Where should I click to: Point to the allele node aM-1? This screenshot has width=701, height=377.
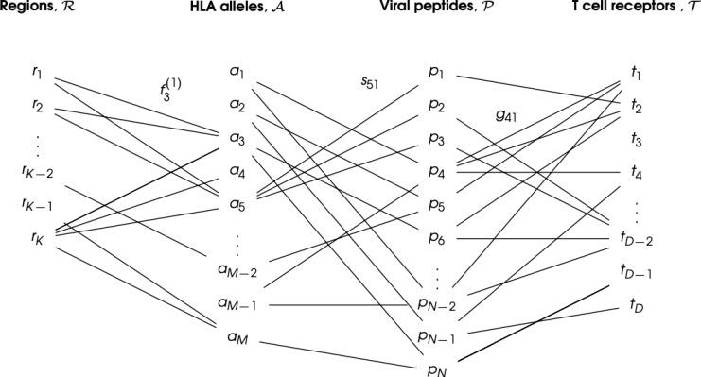[241, 303]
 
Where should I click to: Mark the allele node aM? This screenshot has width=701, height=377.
[237, 336]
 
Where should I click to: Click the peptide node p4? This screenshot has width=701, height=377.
[436, 172]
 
